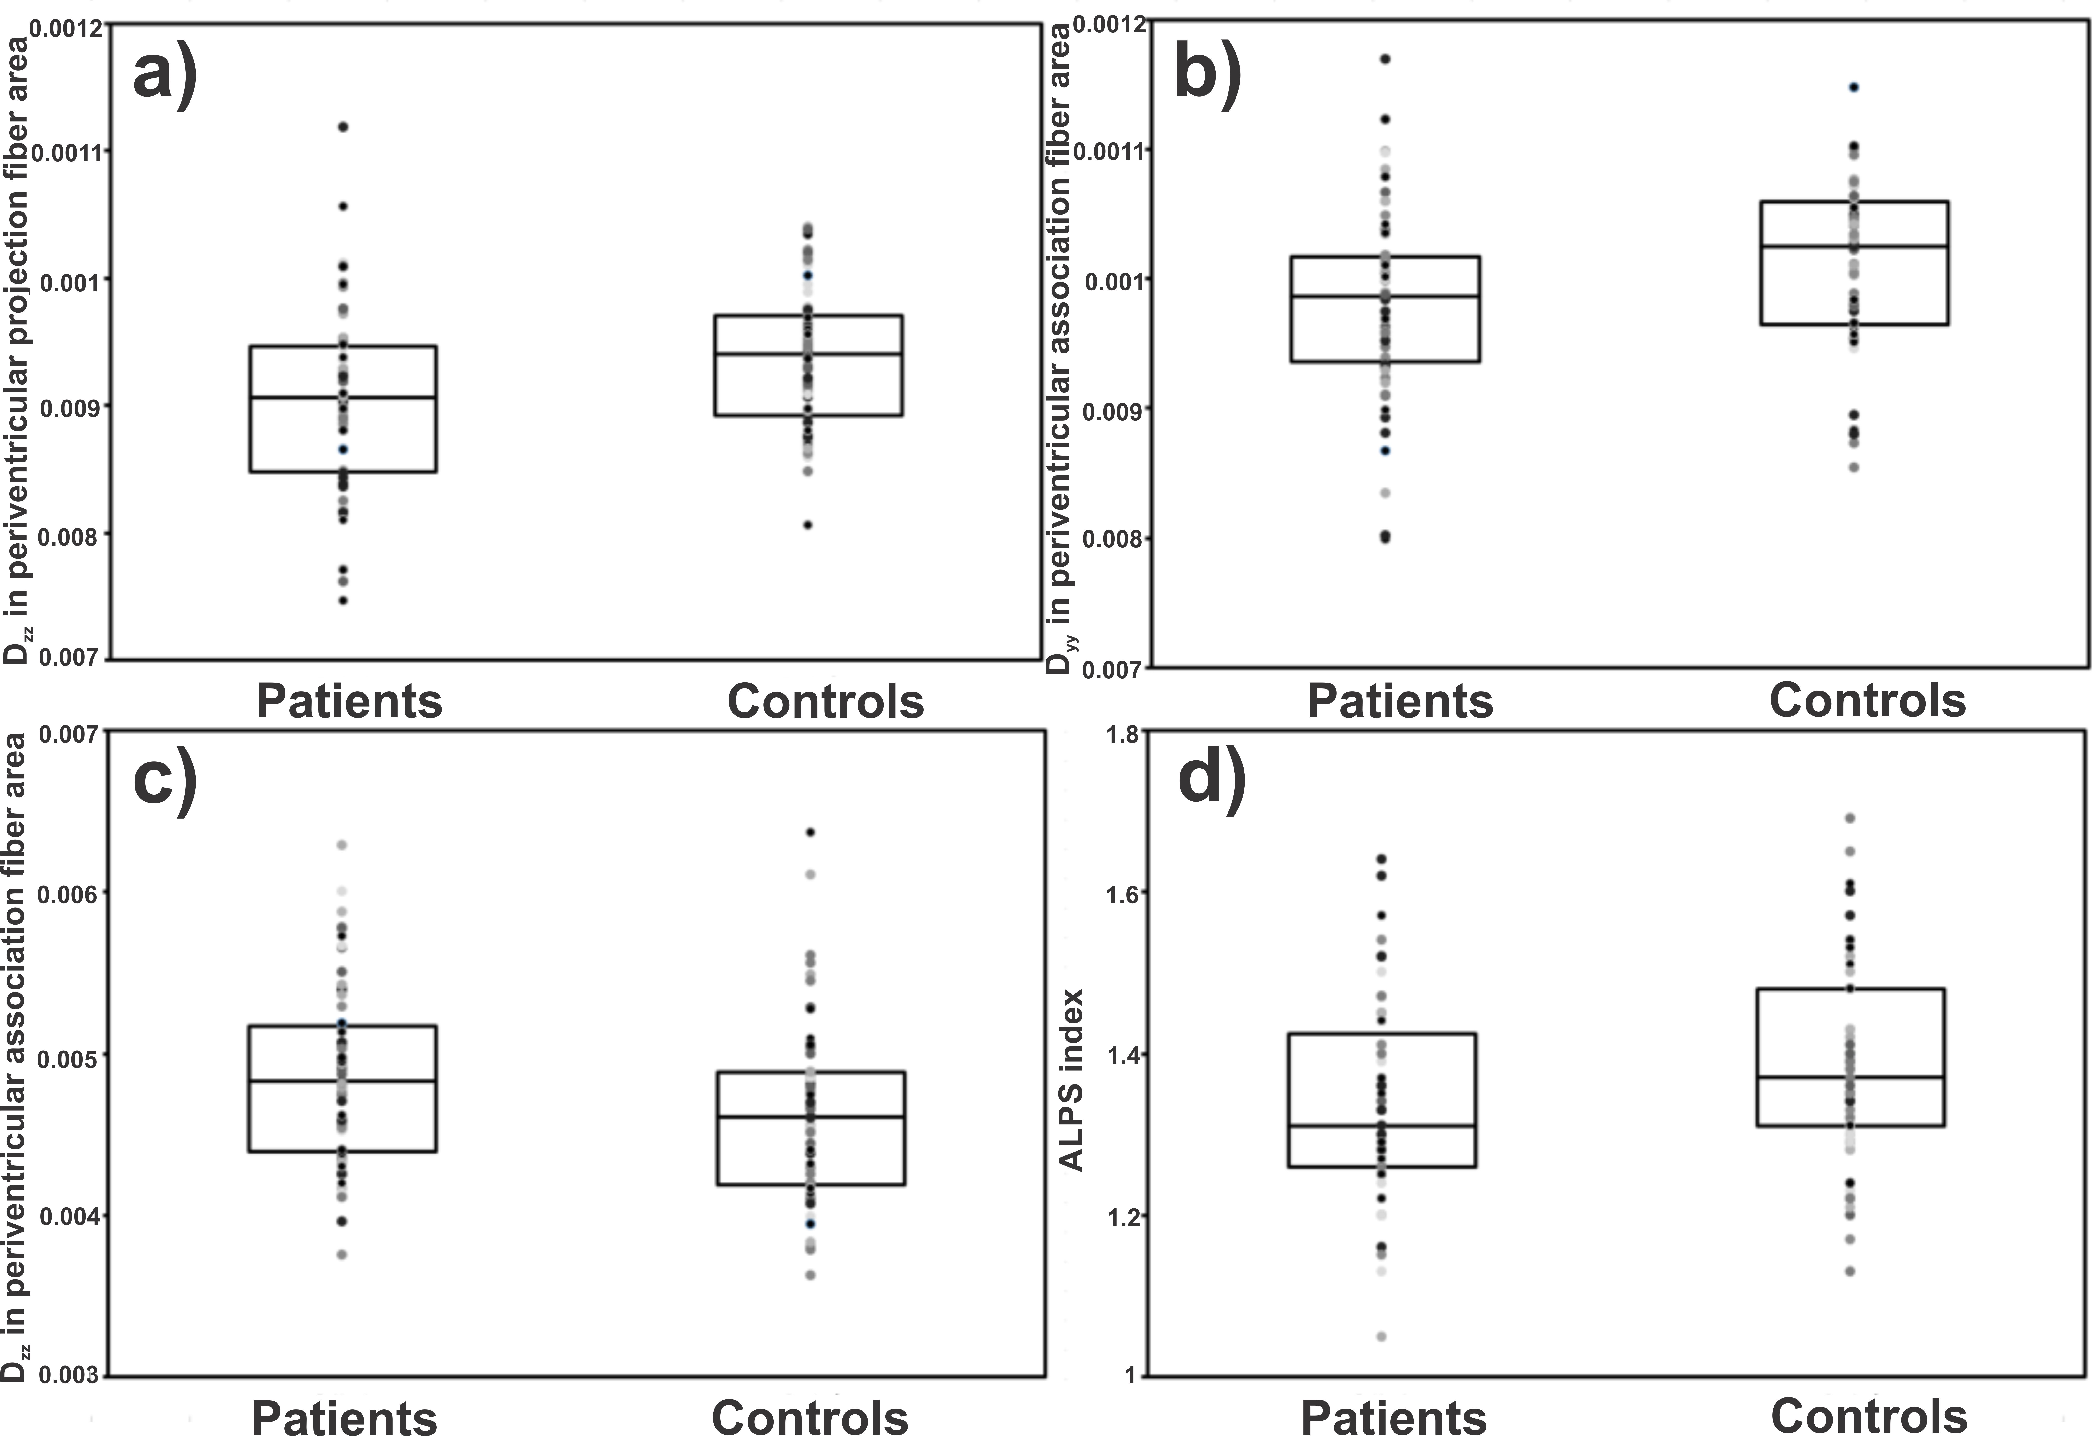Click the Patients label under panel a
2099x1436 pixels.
click(349, 702)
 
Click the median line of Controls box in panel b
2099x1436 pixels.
click(1854, 246)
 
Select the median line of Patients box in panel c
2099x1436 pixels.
click(343, 1081)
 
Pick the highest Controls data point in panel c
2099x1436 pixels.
click(811, 832)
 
